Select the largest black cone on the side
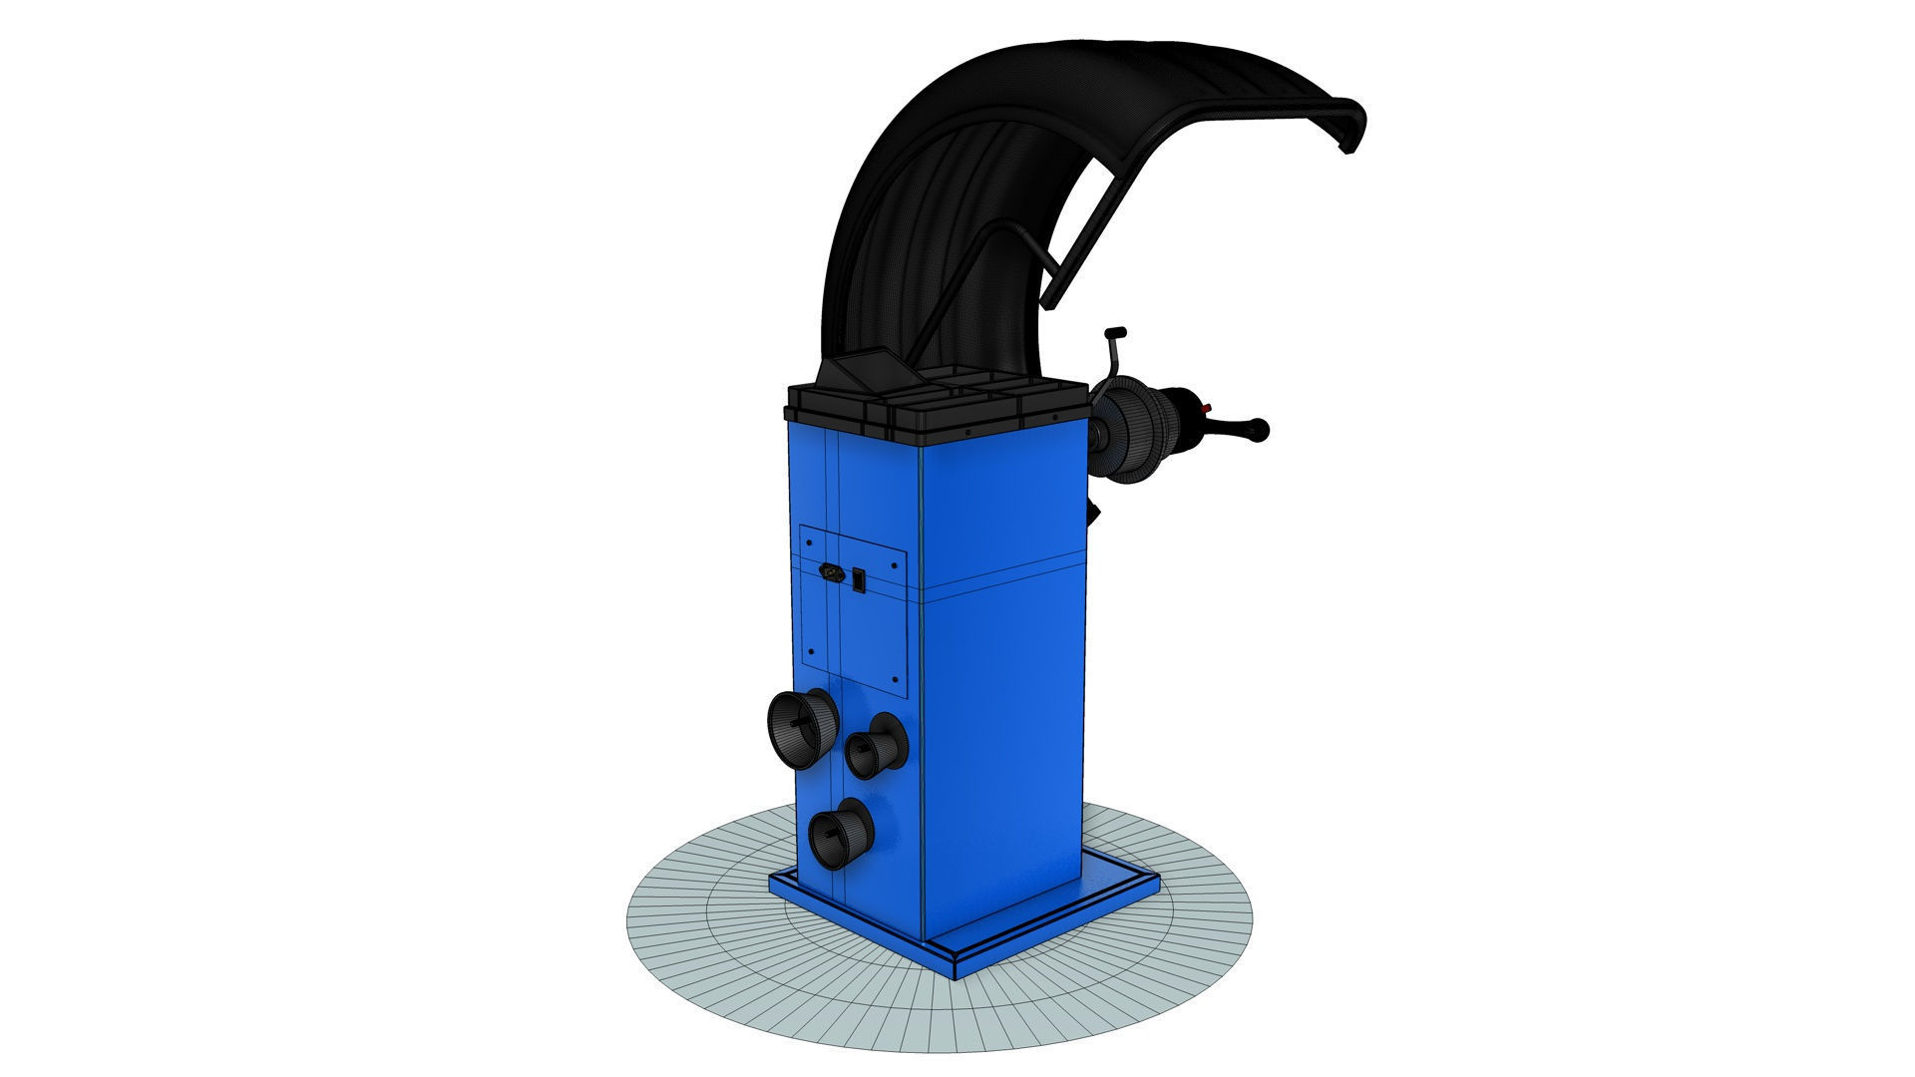801,724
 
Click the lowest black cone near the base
839,833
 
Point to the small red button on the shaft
1207,408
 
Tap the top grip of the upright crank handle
1115,333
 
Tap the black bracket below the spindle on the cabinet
1094,513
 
